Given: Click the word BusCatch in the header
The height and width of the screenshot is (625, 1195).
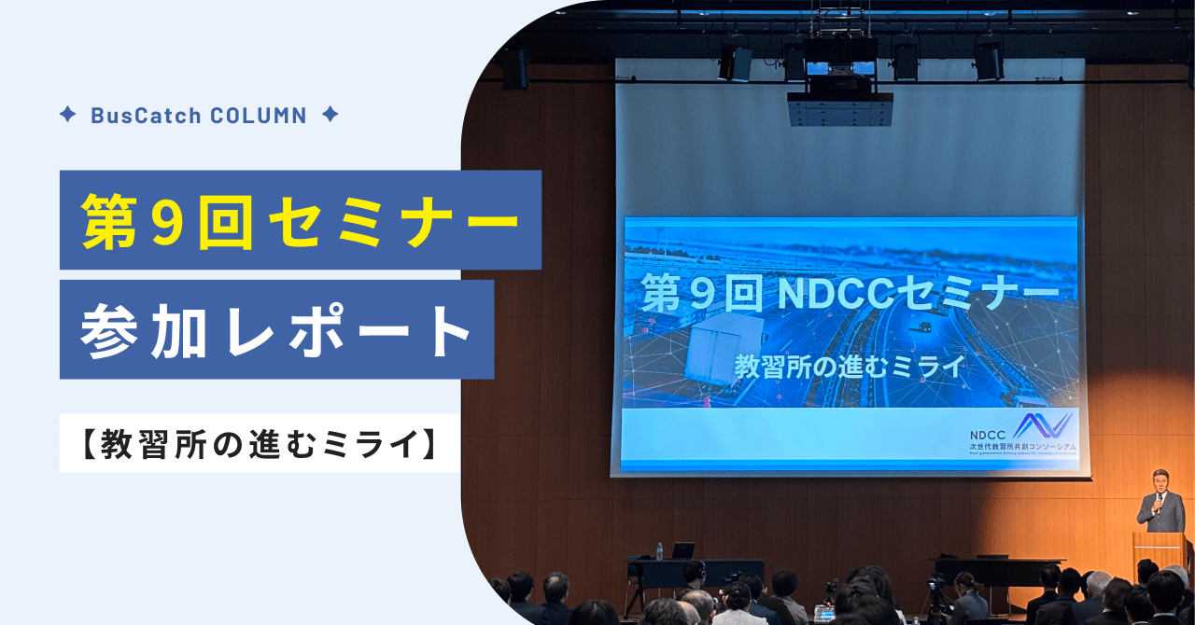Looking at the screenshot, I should (145, 116).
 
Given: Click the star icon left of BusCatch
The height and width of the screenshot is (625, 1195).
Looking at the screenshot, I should (67, 115).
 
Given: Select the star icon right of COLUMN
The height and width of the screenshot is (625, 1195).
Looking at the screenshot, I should (329, 115).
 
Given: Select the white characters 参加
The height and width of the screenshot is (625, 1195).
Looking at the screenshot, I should (141, 331).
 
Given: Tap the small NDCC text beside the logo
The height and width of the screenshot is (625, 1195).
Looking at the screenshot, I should (988, 434).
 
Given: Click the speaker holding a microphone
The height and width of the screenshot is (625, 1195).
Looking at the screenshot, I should (1160, 504).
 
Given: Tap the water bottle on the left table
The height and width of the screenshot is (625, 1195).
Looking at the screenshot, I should (659, 550).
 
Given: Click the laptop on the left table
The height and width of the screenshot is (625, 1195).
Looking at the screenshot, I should (682, 550).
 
